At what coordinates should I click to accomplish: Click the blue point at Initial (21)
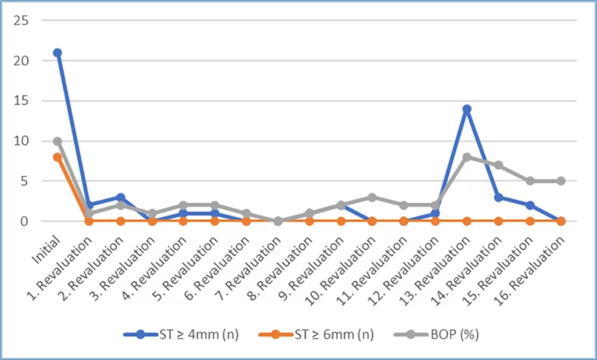click(x=57, y=53)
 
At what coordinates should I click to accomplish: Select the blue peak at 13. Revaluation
click(x=466, y=109)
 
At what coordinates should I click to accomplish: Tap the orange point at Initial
click(x=57, y=157)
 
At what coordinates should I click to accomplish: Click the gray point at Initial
click(x=57, y=141)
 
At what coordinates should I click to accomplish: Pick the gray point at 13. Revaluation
click(x=466, y=157)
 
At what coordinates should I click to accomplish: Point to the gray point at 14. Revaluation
click(x=498, y=165)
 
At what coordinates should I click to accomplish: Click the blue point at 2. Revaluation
click(x=120, y=197)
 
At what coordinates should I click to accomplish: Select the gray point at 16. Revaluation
click(x=561, y=181)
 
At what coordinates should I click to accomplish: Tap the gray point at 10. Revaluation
click(x=372, y=197)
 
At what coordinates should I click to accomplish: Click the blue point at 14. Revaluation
click(x=498, y=197)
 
